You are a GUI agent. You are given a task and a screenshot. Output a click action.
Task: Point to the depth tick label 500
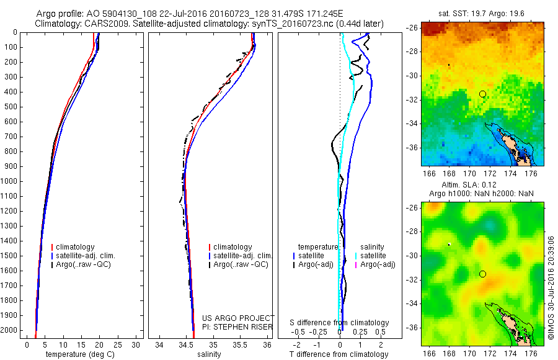[x=11, y=107]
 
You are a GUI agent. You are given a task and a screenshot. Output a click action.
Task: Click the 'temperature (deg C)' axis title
[x=79, y=354]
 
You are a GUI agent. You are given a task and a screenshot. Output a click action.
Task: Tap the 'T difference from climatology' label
[x=339, y=354]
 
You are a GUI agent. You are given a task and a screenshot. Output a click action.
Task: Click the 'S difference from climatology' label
[x=340, y=323]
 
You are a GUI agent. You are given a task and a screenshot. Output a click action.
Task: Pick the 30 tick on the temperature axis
[x=135, y=344]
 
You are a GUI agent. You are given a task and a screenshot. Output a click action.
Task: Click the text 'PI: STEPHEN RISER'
[x=237, y=326]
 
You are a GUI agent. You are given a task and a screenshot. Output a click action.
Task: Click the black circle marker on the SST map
[x=482, y=94]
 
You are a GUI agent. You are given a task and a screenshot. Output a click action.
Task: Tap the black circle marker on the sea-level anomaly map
[x=482, y=274]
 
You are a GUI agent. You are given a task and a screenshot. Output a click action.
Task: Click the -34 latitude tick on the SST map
[x=411, y=124]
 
